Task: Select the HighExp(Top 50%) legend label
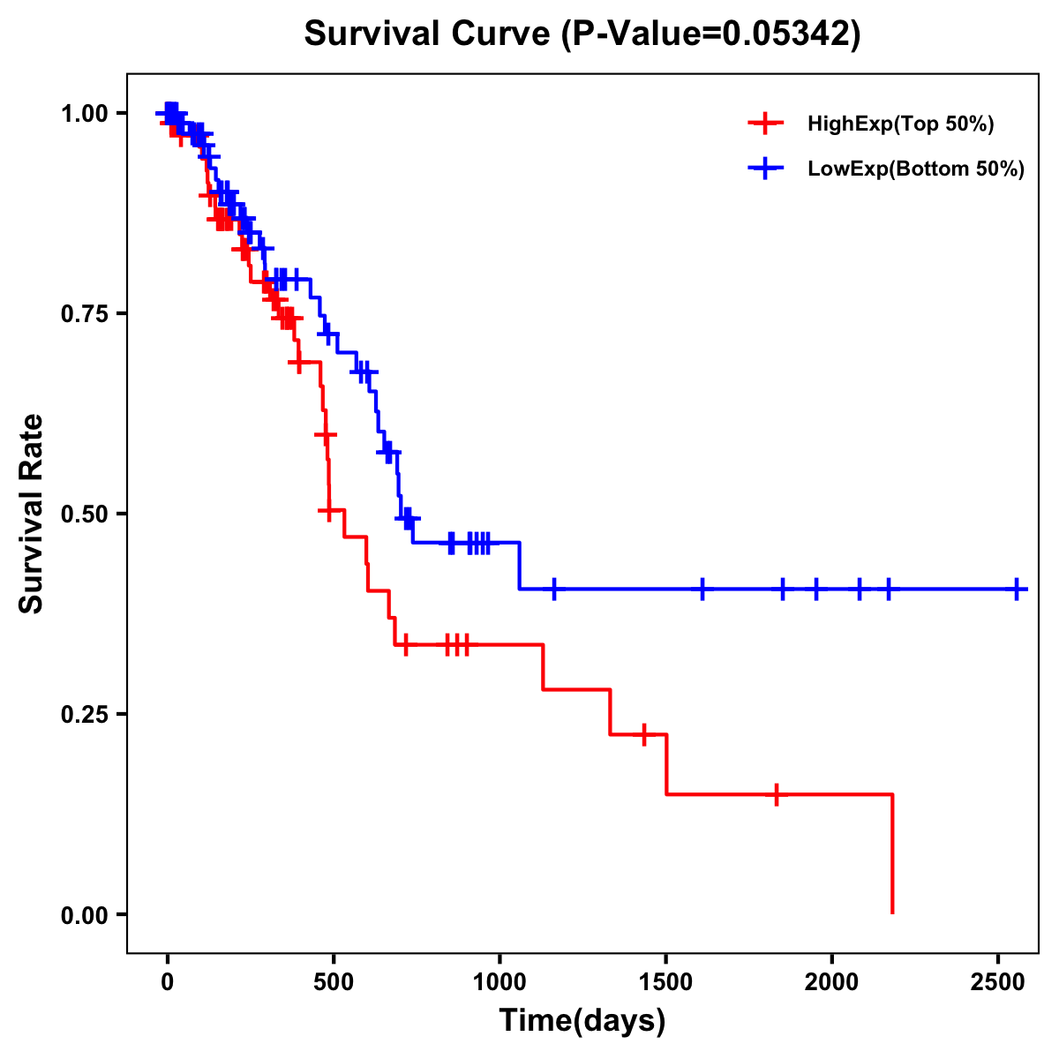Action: (x=900, y=124)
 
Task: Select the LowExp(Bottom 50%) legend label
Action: (x=916, y=169)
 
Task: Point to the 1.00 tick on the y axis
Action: (x=85, y=113)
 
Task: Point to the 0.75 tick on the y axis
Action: (x=85, y=313)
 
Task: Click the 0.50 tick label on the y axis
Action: (x=85, y=514)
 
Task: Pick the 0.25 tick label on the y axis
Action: (x=85, y=714)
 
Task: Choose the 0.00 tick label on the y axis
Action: (x=85, y=914)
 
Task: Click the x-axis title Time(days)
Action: (x=582, y=1021)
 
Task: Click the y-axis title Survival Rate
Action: (x=32, y=513)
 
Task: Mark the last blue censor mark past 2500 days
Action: (x=1017, y=589)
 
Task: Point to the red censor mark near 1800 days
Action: (x=776, y=794)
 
